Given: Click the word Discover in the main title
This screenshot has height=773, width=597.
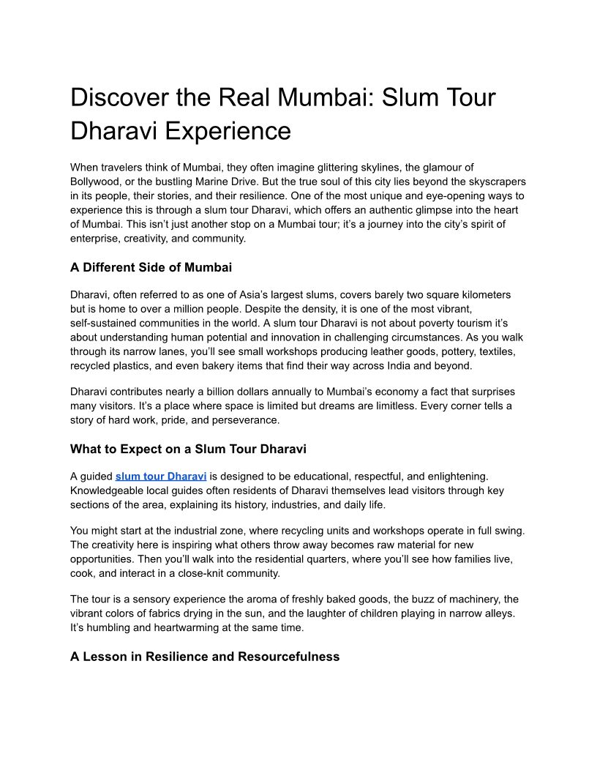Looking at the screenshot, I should click(117, 97).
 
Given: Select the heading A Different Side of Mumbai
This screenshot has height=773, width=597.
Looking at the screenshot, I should click(151, 267).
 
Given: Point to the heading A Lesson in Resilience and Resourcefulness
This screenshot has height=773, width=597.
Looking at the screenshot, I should click(205, 657).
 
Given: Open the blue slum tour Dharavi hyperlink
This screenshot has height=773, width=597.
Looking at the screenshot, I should click(161, 477).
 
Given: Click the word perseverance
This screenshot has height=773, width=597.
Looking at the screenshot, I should click(239, 420).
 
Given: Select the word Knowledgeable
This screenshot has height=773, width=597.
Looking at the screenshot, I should click(110, 490).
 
